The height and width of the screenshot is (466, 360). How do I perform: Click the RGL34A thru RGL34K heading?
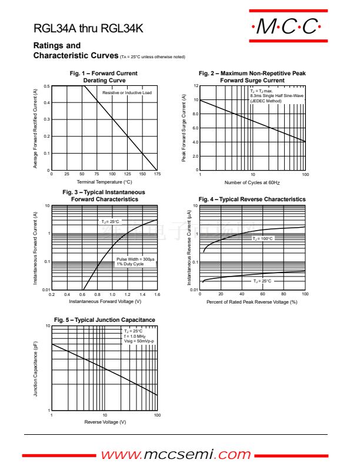(88, 29)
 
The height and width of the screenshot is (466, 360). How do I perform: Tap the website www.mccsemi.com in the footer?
(176, 454)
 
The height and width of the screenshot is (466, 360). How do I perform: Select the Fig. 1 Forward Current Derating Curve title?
(104, 76)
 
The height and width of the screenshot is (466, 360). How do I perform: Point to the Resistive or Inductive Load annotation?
(127, 93)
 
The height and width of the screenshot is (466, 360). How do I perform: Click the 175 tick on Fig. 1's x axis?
(157, 174)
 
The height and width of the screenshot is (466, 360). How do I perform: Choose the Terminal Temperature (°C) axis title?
(104, 182)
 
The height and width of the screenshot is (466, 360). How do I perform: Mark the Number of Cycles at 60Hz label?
(252, 182)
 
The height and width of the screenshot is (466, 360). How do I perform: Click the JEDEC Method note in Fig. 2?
(266, 101)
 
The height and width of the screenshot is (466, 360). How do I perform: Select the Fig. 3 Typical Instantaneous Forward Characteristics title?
(104, 196)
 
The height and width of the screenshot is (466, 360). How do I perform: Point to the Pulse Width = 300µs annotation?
(135, 259)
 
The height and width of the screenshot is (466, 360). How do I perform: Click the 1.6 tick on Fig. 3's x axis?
(157, 294)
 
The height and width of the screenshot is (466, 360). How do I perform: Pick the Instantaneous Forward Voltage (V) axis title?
(105, 301)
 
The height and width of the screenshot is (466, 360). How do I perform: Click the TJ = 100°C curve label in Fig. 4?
(263, 238)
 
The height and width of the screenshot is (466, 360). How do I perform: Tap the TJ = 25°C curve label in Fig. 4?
(263, 281)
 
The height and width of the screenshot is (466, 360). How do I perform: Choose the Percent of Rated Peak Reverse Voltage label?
(252, 301)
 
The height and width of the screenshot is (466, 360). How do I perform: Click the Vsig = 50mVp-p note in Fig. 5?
(139, 341)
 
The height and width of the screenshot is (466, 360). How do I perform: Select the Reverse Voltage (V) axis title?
(105, 422)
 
